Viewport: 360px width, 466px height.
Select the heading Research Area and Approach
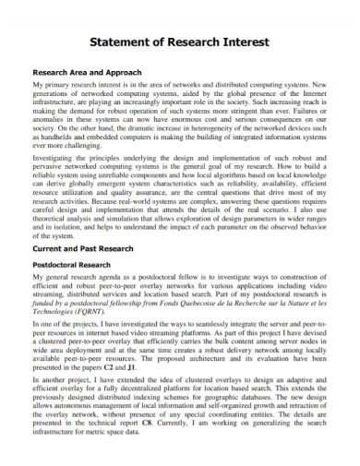coord(88,72)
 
